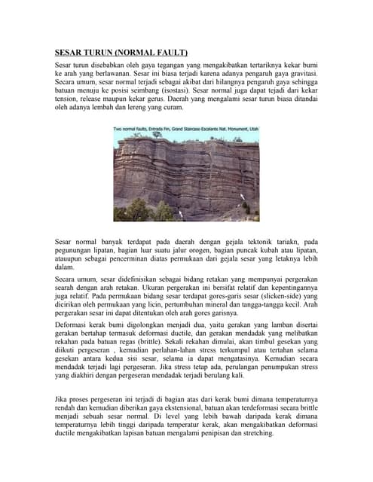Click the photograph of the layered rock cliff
pyautogui.click(x=186, y=177)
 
